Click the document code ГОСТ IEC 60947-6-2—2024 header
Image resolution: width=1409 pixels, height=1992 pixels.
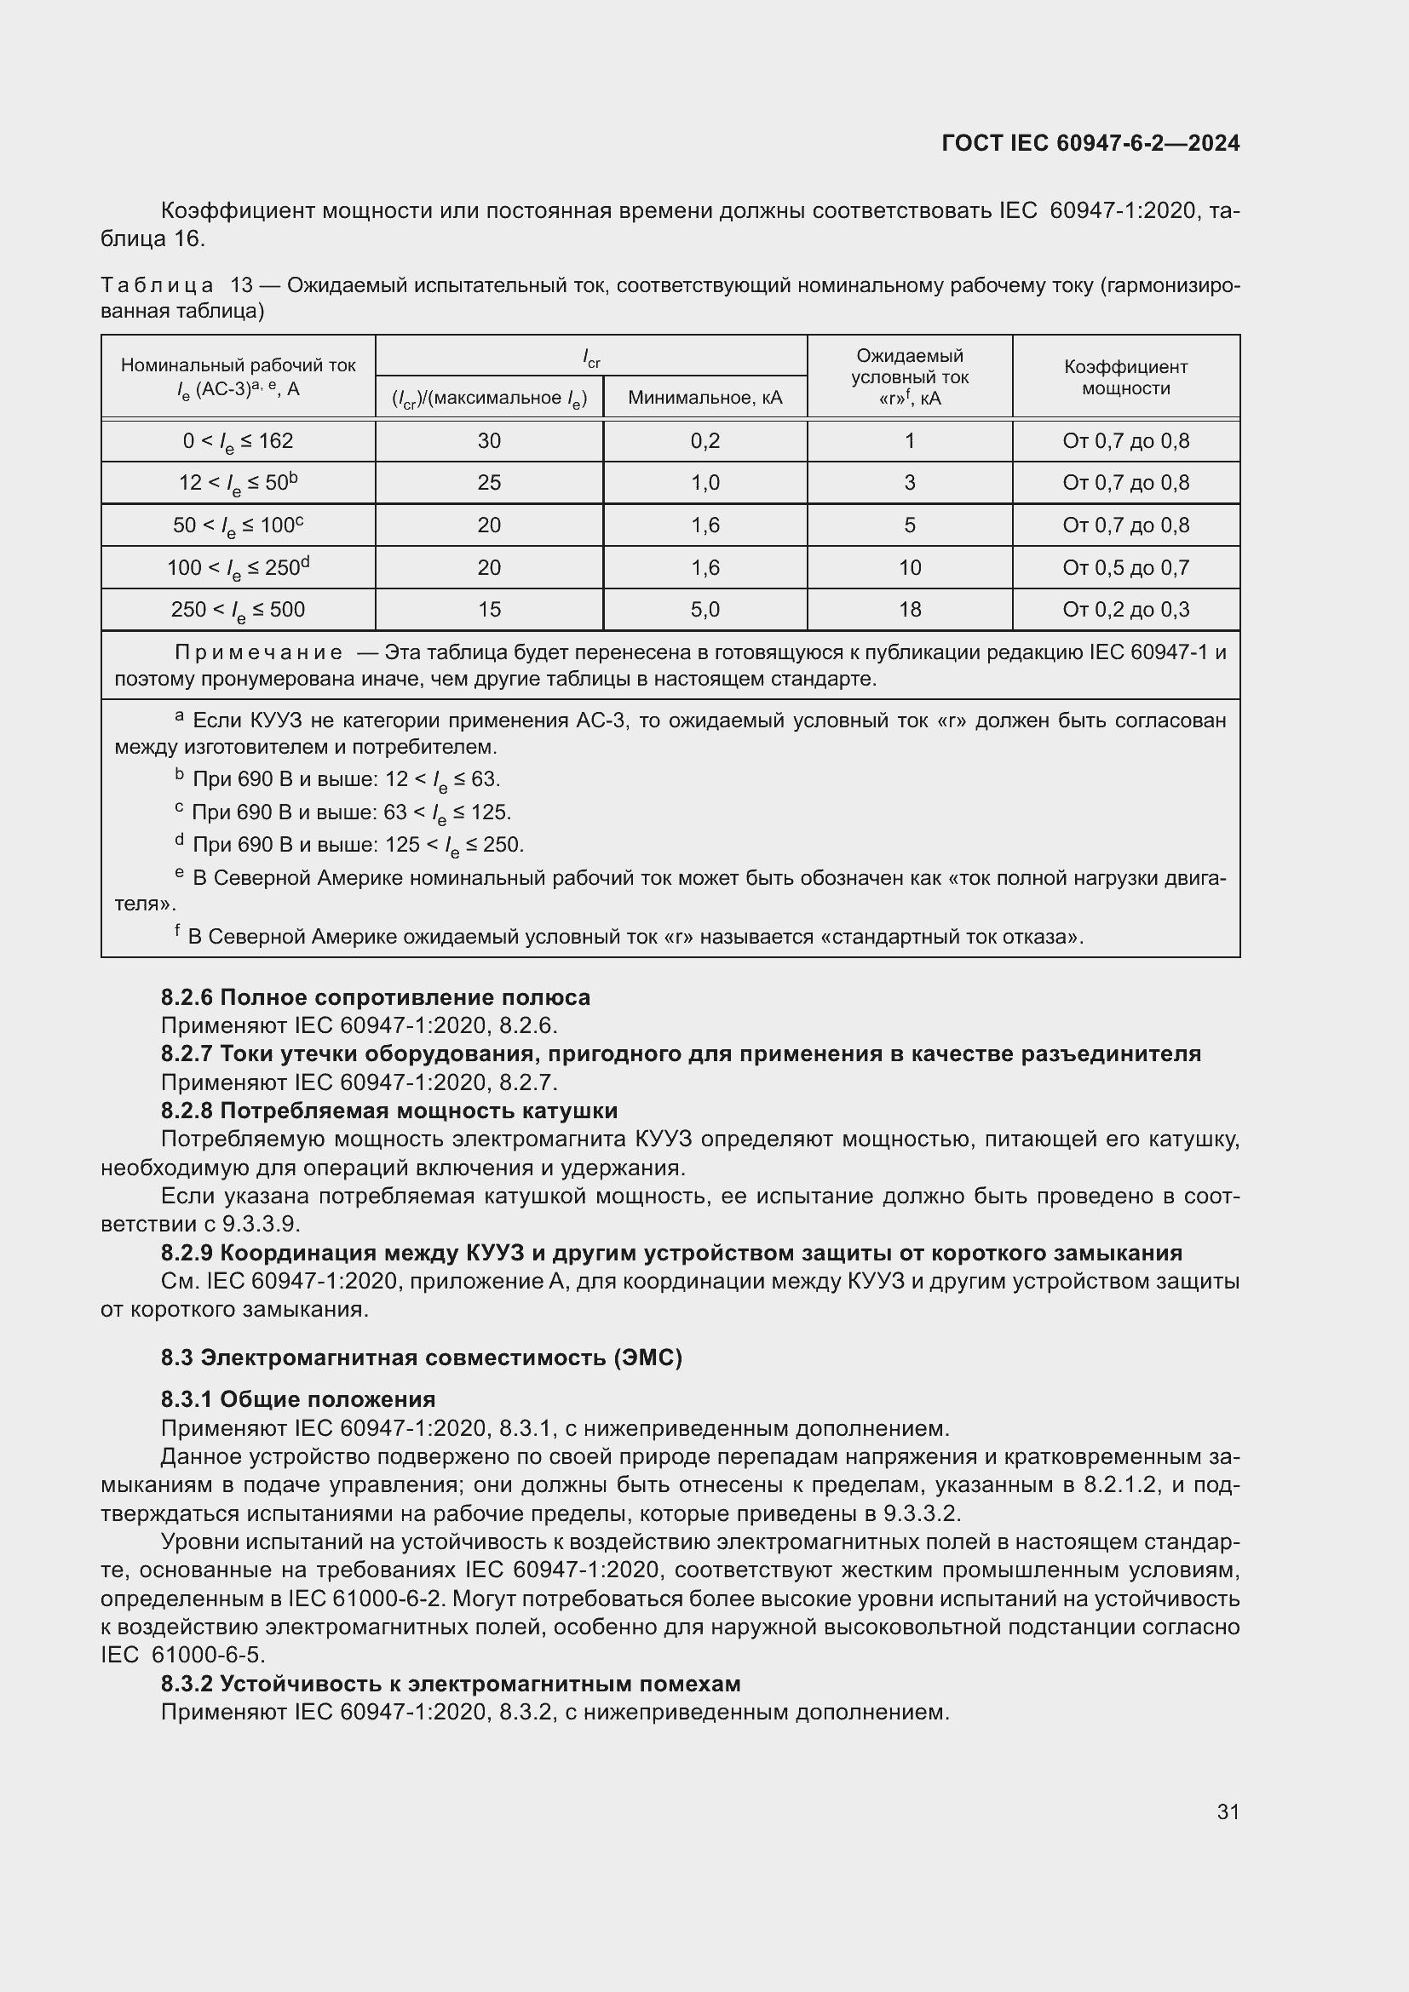click(1090, 143)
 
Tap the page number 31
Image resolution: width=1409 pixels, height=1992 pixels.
click(1228, 1811)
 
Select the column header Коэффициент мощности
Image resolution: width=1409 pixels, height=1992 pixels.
click(1125, 377)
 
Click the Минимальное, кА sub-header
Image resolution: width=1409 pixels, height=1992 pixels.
click(704, 398)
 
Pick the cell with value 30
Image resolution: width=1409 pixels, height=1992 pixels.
click(488, 441)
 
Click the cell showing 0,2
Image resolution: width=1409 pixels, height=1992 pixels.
click(704, 441)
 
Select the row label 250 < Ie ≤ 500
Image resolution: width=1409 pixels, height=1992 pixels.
click(238, 610)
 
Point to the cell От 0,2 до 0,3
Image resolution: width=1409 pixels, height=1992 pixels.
click(1125, 610)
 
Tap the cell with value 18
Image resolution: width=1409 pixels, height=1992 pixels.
click(909, 610)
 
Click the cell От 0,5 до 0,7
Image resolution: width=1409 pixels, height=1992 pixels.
click(1125, 567)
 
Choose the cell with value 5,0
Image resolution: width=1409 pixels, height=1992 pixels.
click(704, 610)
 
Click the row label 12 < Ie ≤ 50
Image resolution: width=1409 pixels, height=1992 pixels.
click(238, 482)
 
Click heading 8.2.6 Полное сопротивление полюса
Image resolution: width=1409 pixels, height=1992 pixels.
click(375, 998)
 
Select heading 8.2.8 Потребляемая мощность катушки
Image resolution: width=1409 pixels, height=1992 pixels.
click(388, 1111)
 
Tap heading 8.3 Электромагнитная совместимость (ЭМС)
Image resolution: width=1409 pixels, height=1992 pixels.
click(421, 1358)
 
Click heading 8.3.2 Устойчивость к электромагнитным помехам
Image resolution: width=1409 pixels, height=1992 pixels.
click(451, 1685)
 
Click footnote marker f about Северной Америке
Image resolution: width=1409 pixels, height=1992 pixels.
click(178, 932)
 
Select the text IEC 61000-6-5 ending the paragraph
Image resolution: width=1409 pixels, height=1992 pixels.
click(182, 1655)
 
